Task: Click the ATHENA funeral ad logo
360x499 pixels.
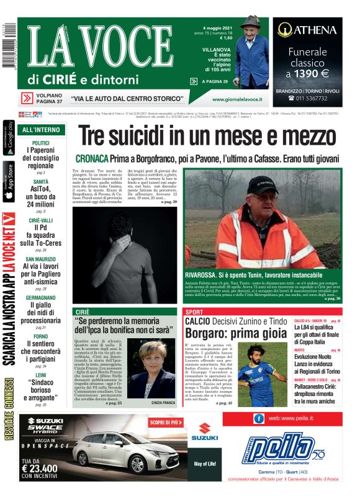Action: pos(307,29)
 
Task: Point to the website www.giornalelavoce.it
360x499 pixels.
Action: pos(236,99)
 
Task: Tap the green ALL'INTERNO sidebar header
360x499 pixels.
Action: pos(41,130)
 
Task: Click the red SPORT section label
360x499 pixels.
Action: pos(194,312)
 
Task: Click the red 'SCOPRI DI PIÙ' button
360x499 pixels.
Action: pos(165,423)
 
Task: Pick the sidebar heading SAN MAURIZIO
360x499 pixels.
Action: pos(41,259)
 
